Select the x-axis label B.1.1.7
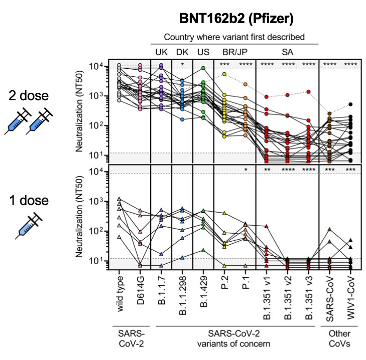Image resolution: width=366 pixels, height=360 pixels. pos(162,290)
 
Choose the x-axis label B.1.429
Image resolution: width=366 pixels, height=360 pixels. pos(203,290)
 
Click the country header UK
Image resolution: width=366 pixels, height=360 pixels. pos(161,52)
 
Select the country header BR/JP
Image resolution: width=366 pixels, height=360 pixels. pos(235,52)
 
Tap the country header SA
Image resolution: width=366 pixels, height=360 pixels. pos(288,52)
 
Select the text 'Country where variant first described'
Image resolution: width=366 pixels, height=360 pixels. pos(235,37)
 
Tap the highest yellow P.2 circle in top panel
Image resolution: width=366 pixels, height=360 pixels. pos(224,74)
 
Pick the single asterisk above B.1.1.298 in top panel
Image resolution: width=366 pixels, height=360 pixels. pos(183,65)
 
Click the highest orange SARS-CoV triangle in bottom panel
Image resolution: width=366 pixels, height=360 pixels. pos(329,230)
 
